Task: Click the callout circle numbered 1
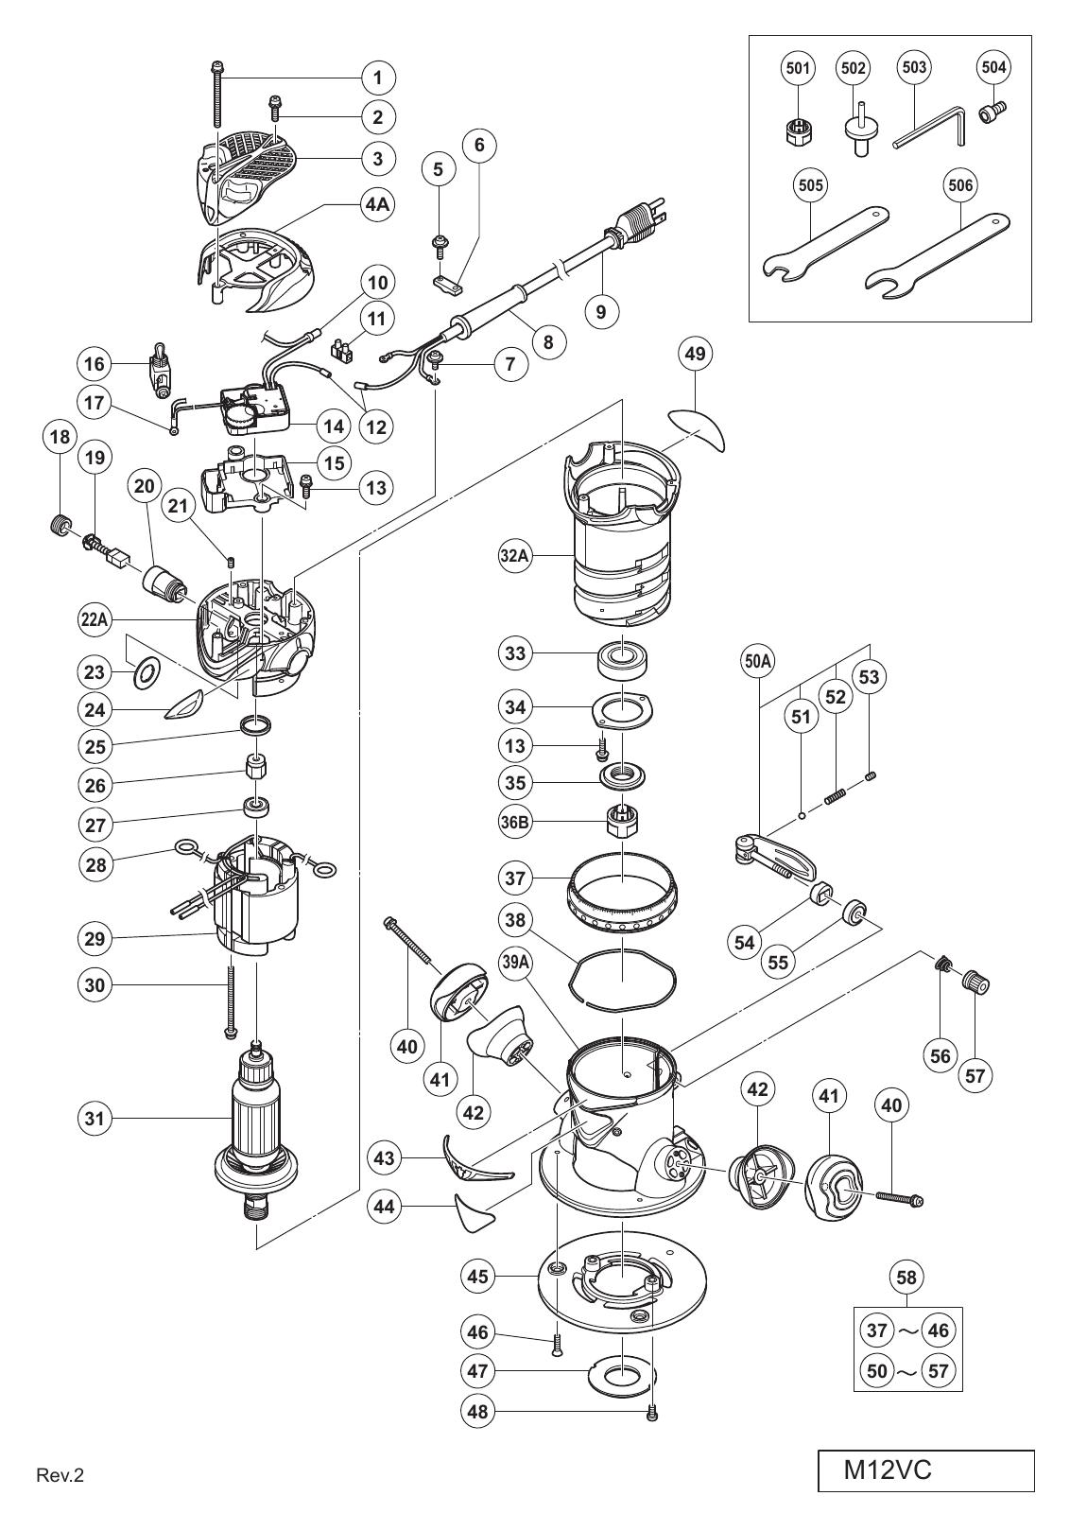point(377,78)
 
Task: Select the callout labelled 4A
point(377,204)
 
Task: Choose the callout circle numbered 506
point(960,185)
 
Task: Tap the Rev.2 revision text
point(60,1471)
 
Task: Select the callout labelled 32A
point(514,556)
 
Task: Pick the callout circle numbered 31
point(95,1119)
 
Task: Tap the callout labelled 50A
point(757,662)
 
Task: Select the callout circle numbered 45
point(477,1276)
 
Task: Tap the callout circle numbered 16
point(95,364)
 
